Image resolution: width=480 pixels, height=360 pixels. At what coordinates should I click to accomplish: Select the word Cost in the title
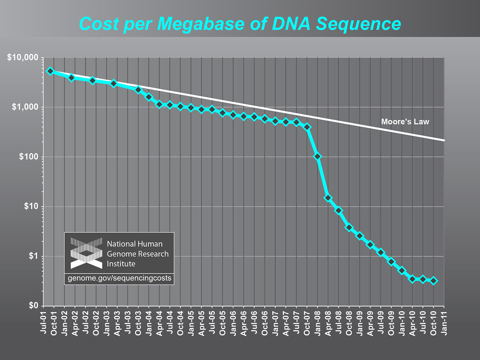pyautogui.click(x=97, y=23)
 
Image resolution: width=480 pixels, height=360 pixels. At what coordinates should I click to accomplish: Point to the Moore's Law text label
pyautogui.click(x=405, y=122)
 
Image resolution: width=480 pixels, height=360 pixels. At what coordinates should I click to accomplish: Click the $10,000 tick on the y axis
pyautogui.click(x=22, y=58)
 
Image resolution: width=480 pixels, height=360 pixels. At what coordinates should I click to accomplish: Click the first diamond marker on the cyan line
pyautogui.click(x=51, y=71)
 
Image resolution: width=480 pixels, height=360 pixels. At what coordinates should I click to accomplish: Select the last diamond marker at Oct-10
pyautogui.click(x=434, y=280)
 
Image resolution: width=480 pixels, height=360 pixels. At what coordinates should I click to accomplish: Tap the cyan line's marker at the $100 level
pyautogui.click(x=318, y=157)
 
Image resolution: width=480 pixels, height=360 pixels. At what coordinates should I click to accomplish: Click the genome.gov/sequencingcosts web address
pyautogui.click(x=120, y=278)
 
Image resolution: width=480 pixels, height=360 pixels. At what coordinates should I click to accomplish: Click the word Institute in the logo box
pyautogui.click(x=121, y=263)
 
